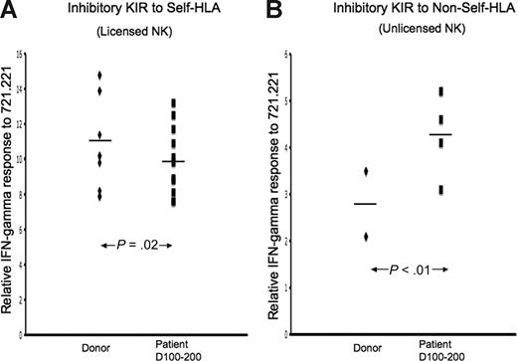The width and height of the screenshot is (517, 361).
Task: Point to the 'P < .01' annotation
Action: (x=409, y=270)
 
